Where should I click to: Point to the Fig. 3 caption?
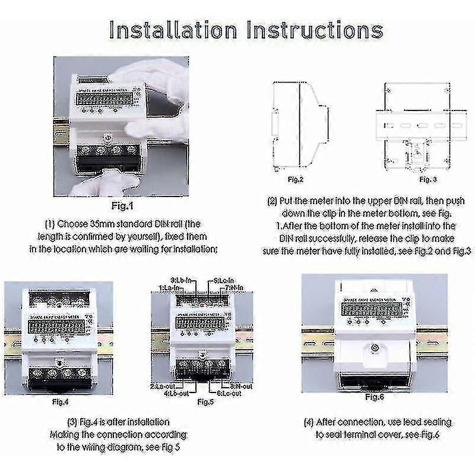pyautogui.click(x=428, y=178)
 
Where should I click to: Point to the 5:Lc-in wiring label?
pyautogui.click(x=224, y=279)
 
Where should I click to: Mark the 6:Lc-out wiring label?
pyautogui.click(x=228, y=392)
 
